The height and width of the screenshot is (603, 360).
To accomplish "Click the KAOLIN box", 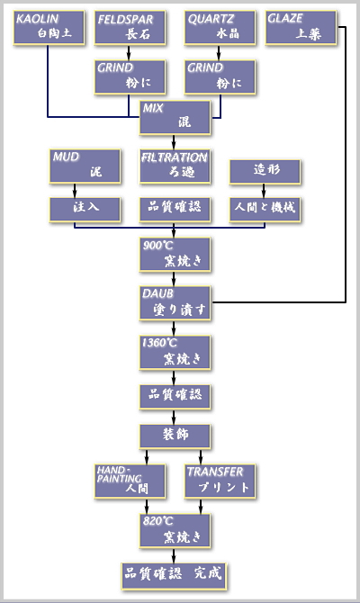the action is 49,28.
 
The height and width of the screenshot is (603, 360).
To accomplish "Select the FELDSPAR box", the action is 130,28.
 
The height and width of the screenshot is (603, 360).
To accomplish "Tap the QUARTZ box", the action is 220,28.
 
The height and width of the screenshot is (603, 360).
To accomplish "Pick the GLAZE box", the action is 301,28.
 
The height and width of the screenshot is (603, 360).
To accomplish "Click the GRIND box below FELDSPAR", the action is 130,76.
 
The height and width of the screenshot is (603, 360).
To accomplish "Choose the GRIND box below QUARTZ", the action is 220,76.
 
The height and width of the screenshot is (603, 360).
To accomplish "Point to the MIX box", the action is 175,118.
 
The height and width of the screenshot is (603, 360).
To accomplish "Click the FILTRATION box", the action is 175,166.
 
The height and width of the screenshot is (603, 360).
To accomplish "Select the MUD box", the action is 85,166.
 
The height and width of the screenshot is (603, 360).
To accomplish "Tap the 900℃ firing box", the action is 175,255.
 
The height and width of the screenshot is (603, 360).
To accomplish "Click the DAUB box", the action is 175,303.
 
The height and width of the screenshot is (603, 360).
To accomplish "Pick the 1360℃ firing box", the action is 175,353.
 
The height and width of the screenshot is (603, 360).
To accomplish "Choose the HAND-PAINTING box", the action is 130,481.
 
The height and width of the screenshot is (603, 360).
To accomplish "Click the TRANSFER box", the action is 220,481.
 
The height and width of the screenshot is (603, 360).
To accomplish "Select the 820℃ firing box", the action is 175,531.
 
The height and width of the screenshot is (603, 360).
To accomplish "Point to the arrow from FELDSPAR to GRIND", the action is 129,53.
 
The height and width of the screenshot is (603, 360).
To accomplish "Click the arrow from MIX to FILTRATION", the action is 174,142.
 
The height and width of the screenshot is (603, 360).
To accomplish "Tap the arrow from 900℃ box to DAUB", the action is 174,279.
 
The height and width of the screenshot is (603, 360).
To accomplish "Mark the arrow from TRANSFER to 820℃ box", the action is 201,507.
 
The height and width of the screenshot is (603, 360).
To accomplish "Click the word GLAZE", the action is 285,19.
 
